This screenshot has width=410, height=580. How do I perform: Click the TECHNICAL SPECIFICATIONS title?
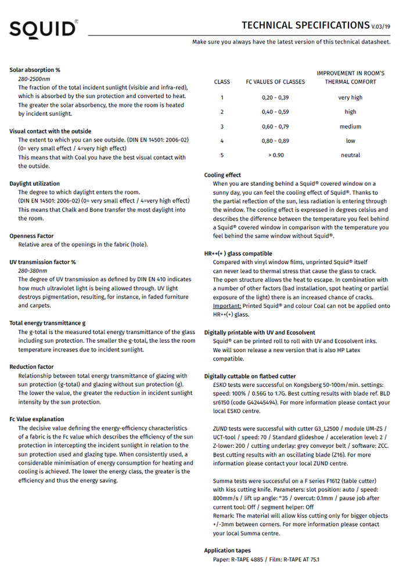305,25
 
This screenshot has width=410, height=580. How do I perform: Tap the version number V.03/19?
381,27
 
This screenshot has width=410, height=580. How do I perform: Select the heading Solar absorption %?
35,70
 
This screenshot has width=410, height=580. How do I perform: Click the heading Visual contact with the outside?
51,131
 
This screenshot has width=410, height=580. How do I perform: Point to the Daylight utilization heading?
34,184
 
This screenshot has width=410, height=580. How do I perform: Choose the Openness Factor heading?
31,236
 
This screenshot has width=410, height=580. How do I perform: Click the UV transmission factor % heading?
42,262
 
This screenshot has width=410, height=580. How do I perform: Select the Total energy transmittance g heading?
48,323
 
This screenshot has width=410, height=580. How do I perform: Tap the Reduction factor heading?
31,367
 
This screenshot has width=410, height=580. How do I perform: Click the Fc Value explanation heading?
37,419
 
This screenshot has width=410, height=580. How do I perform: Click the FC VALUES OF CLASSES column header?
275,82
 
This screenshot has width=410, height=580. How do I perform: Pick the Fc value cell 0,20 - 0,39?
275,97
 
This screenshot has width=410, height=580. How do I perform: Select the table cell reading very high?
350,97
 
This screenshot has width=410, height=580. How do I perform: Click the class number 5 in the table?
222,155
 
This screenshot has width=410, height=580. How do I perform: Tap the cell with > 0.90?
276,155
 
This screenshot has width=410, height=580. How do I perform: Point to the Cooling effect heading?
222,175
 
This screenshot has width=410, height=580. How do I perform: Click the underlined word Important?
226,306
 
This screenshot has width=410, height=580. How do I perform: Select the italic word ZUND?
220,428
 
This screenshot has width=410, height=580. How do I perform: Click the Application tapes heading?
228,550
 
